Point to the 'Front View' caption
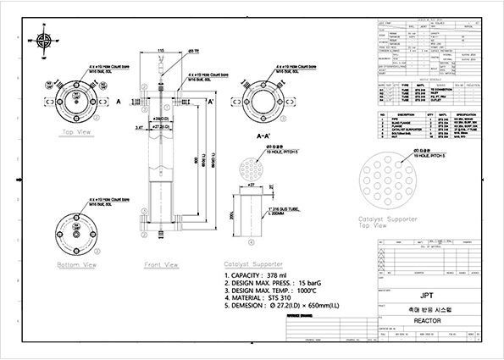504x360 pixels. [x=161, y=264]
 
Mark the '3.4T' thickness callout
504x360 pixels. [x=138, y=126]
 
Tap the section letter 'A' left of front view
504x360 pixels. [x=120, y=100]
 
